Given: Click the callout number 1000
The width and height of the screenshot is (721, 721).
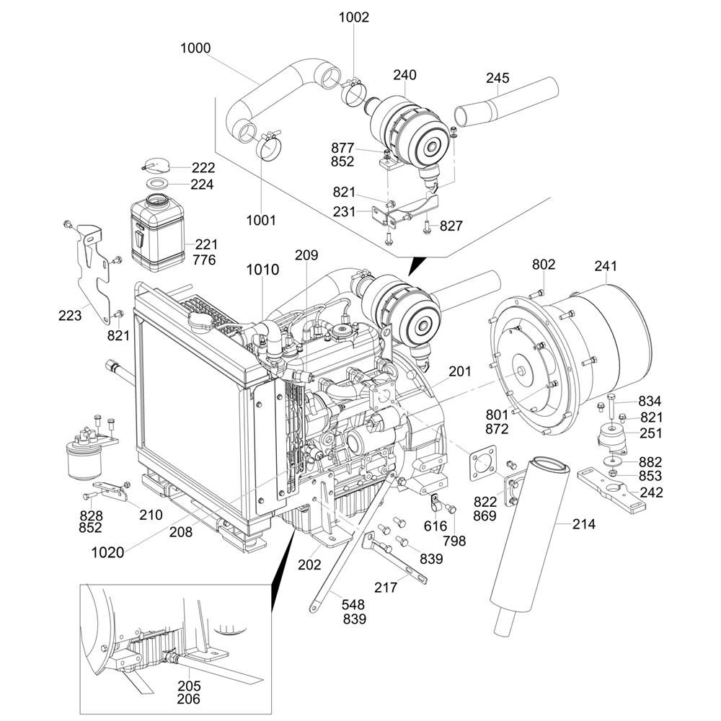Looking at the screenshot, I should coord(195,48).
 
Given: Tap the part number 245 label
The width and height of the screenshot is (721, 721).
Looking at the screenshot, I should coord(497,77).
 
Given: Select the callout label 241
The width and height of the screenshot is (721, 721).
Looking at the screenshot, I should coord(606,265).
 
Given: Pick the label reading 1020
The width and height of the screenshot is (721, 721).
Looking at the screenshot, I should coord(107,553).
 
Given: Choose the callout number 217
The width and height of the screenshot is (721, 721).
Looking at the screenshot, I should coord(386,588).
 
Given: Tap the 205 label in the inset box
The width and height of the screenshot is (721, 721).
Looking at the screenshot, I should coord(189,686).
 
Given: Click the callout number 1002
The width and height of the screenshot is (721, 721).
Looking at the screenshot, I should coord(354,17).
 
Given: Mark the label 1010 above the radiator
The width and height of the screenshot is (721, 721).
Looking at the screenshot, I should coord(262,270).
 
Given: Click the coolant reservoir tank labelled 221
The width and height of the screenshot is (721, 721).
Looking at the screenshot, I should coord(156,231).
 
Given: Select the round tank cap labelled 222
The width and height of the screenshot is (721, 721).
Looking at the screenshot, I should coord(152,164).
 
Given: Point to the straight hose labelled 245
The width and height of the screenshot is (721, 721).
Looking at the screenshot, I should coord(508,105).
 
